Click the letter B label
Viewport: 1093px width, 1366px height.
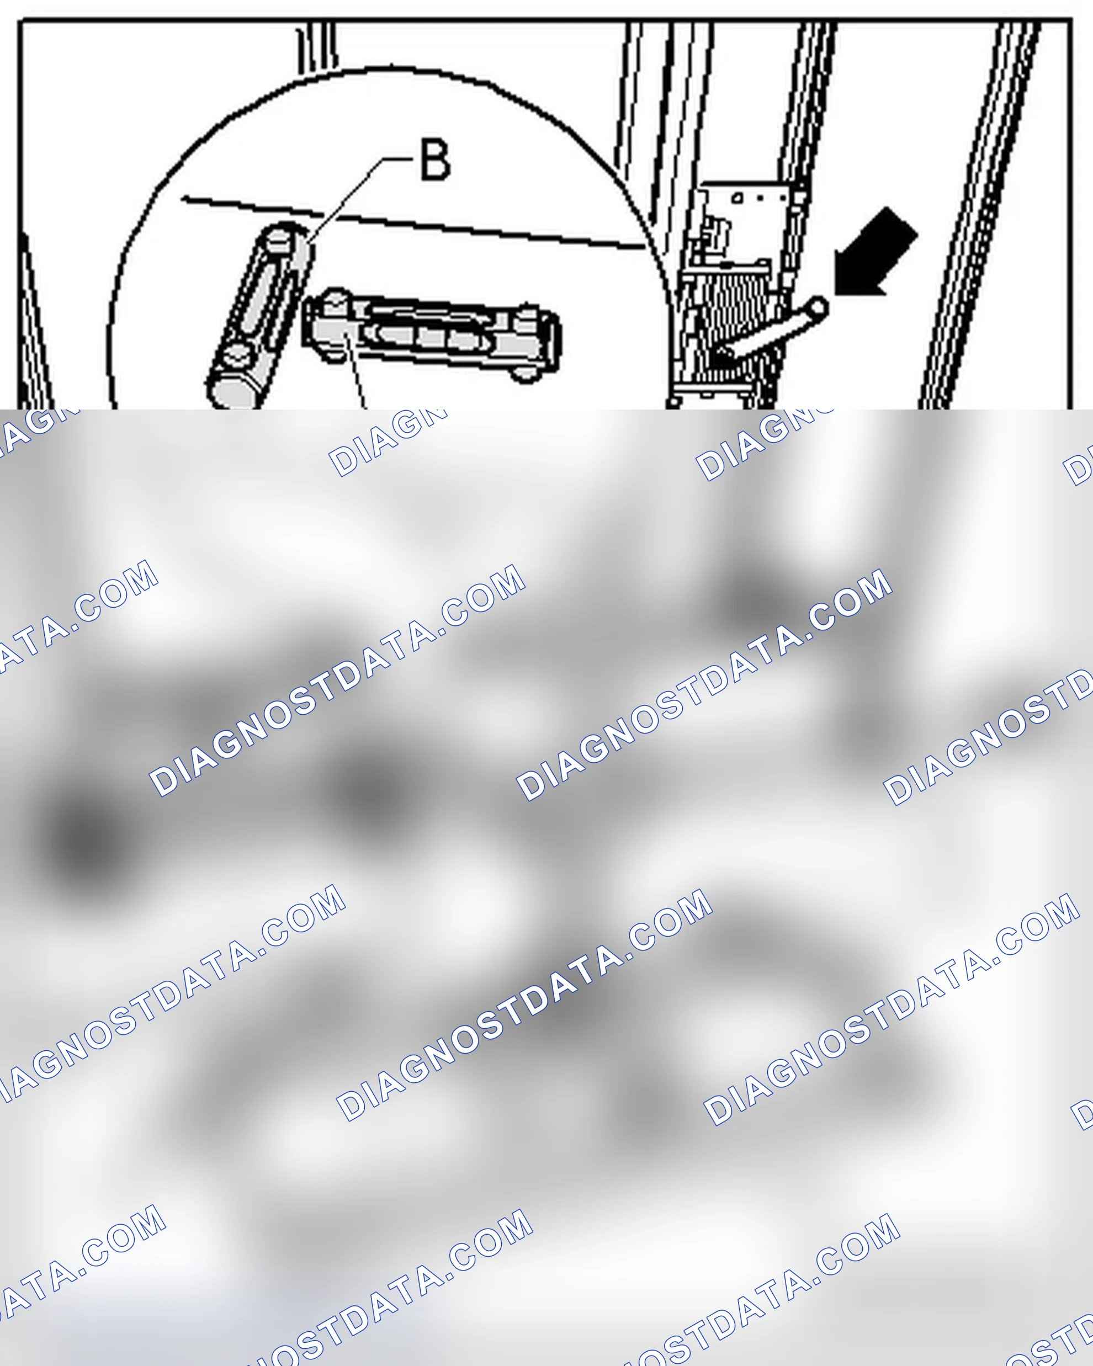point(436,160)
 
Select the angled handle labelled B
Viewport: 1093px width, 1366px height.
point(260,317)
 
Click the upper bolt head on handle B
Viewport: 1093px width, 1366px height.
point(279,240)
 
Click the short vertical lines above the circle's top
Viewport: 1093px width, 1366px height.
point(317,47)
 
